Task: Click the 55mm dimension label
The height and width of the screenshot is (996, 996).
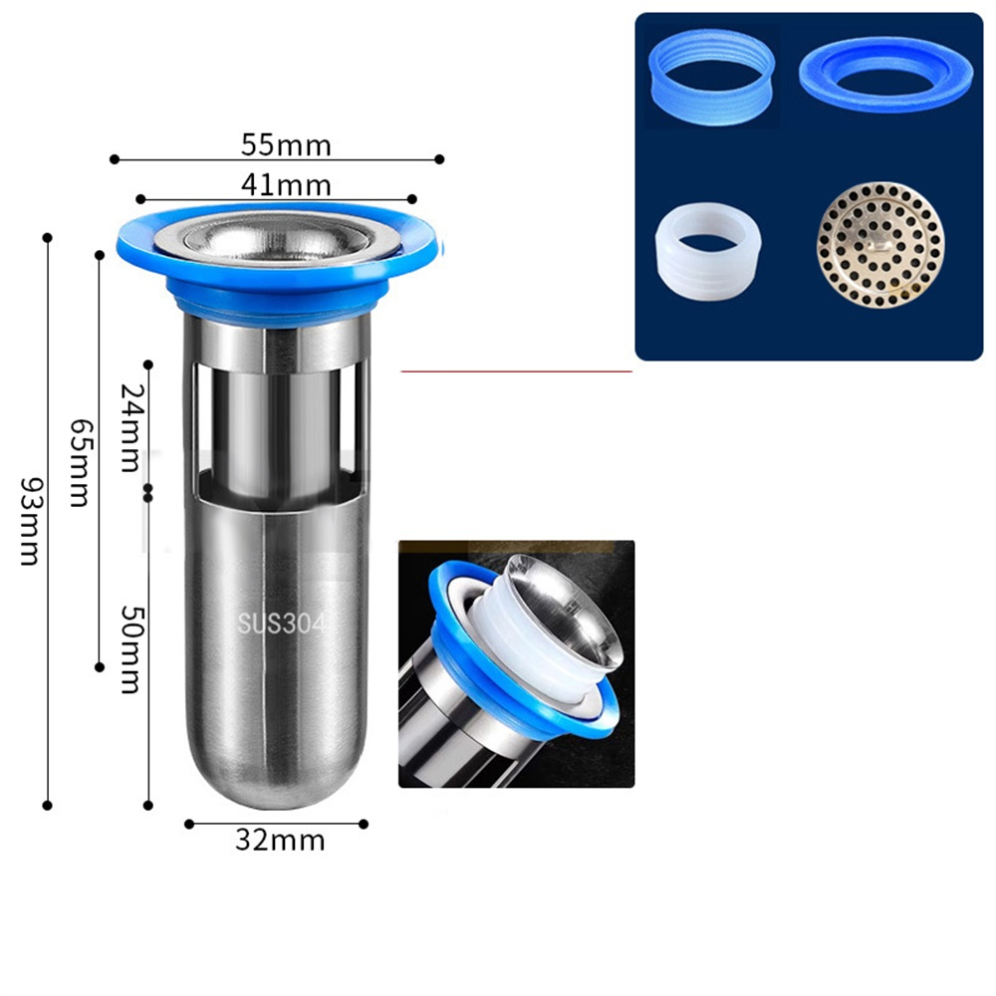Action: (286, 145)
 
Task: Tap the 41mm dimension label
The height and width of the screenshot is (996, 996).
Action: (286, 185)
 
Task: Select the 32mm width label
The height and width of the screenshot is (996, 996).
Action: (280, 841)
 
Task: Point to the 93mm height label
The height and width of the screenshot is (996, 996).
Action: (30, 521)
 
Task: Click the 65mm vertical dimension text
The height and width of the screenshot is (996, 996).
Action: (80, 462)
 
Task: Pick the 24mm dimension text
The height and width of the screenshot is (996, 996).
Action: (130, 427)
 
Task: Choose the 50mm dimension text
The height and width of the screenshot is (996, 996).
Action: (131, 649)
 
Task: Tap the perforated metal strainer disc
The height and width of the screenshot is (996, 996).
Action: (880, 245)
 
